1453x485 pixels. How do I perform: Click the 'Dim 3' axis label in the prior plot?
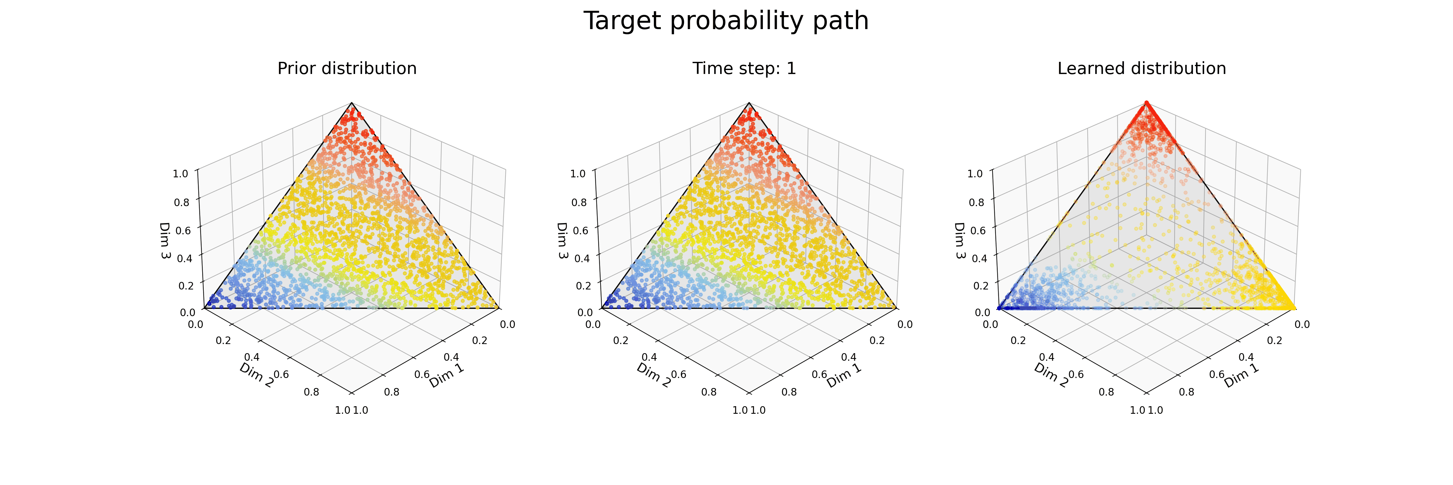coord(165,240)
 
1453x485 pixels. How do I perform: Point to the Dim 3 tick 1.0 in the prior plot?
coord(180,173)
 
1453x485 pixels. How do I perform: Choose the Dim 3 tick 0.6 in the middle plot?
coord(580,230)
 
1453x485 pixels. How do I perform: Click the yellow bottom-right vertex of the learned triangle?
coord(1294,308)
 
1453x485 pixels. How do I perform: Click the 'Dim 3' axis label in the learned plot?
coord(959,240)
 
